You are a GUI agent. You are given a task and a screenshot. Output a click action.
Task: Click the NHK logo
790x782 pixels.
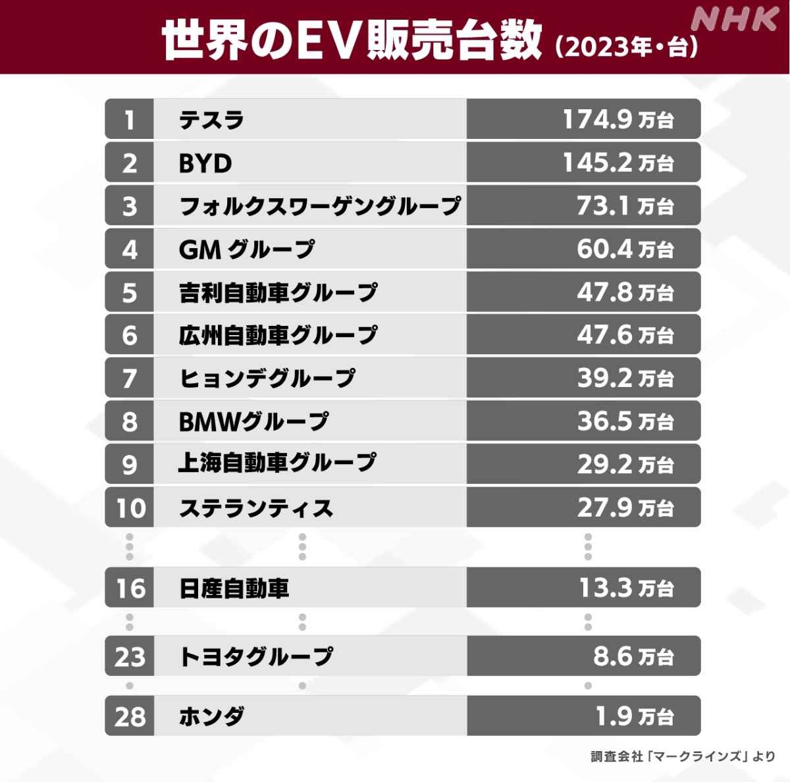[x=735, y=19]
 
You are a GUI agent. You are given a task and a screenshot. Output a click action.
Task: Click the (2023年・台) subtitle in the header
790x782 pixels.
[x=626, y=47]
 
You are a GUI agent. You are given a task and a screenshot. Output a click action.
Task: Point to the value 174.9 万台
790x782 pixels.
[x=617, y=119]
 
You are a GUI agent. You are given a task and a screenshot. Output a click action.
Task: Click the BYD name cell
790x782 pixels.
[x=205, y=163]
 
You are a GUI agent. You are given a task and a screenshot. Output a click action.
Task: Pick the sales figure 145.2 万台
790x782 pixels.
[x=617, y=163]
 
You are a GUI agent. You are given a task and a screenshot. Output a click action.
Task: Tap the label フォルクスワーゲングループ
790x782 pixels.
[x=320, y=206]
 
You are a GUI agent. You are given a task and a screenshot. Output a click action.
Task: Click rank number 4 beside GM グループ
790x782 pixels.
[x=130, y=249]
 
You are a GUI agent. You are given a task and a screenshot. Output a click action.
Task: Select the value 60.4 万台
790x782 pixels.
[x=624, y=249]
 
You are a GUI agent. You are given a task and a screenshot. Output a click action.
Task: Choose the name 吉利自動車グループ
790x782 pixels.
[x=278, y=292]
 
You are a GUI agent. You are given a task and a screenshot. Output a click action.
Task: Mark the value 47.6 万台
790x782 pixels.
[x=624, y=335]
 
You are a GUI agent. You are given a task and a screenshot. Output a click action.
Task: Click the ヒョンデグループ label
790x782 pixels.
[x=267, y=378]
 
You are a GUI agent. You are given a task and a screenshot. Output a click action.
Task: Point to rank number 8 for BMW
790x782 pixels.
[x=130, y=421]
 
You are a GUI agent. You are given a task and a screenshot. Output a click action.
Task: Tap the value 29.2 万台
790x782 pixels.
[x=624, y=464]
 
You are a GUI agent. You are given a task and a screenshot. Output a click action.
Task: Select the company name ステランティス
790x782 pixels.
[x=256, y=508]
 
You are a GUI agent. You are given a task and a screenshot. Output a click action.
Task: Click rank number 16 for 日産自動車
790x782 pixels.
[x=130, y=588]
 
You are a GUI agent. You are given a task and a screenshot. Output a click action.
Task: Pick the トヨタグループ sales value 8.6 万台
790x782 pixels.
[x=632, y=656]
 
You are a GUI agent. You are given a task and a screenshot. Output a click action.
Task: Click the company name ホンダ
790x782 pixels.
[x=212, y=716]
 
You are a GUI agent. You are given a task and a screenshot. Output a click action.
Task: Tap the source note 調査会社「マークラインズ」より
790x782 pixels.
[x=682, y=756]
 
